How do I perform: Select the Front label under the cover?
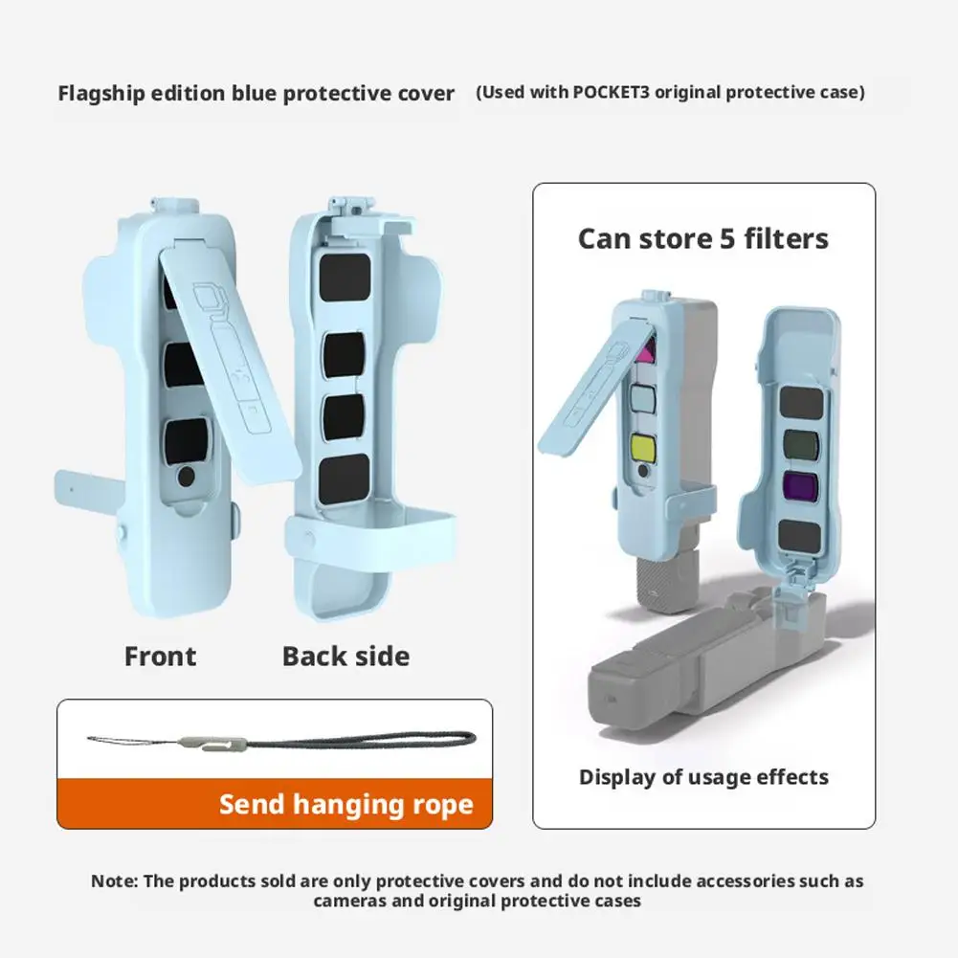coord(160,657)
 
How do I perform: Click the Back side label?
coord(345,657)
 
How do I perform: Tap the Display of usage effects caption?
coord(703,777)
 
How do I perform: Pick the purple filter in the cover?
coord(799,483)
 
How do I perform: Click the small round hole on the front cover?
coord(187,476)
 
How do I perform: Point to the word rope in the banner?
coord(438,804)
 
